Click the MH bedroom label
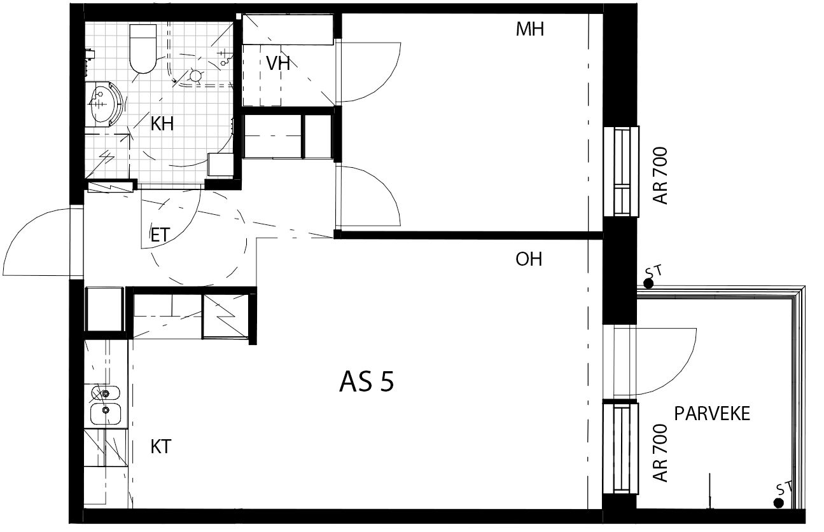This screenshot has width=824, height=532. coord(529,29)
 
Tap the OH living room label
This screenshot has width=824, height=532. coord(529,259)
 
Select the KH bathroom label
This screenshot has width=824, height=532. coord(162,124)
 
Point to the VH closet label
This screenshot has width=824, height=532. coord(277,64)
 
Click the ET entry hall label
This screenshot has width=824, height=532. coord(160,235)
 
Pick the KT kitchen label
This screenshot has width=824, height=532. coord(161,447)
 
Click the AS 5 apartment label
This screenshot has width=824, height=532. coord(367,382)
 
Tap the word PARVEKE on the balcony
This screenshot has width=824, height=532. coord(712,414)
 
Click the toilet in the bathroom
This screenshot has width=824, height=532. coord(143,49)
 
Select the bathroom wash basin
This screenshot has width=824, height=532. coord(105,104)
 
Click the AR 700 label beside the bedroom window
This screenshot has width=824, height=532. coord(660,175)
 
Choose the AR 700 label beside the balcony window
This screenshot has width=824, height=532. coord(660,453)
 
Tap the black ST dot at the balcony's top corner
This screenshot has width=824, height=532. coord(648,283)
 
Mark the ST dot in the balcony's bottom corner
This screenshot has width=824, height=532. coord(778,503)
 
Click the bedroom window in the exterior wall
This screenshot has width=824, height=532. coord(621,171)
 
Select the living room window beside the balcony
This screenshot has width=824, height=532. coord(620,448)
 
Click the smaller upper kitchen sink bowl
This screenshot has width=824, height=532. coord(105,393)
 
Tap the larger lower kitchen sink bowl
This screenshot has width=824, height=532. coord(106,414)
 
